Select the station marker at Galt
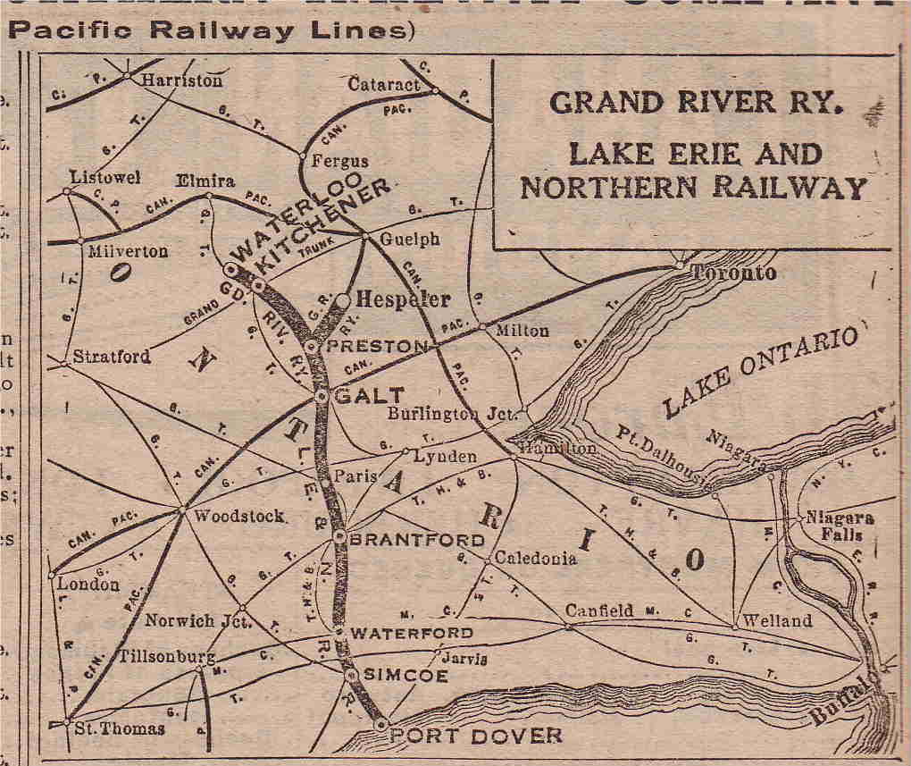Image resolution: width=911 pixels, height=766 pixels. tap(322, 394)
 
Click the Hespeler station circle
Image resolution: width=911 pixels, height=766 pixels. tap(342, 300)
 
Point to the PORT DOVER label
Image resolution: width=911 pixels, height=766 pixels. tap(479, 736)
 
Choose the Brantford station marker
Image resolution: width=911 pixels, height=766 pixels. tap(340, 536)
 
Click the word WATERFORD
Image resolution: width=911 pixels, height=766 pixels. tap(411, 633)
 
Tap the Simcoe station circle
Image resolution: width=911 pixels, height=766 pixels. tap(352, 676)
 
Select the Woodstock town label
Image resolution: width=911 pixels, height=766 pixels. tap(239, 516)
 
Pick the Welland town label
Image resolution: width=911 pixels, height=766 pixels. tap(777, 620)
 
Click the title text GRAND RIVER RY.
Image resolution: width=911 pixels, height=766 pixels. tap(697, 103)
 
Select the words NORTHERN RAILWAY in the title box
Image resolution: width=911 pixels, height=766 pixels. tap(693, 188)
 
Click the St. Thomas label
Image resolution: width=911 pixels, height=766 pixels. tap(119, 728)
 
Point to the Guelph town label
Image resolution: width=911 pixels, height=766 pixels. tap(410, 240)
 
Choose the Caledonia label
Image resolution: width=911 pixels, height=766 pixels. tap(536, 559)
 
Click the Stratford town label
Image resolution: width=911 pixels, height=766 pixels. tap(112, 357)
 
